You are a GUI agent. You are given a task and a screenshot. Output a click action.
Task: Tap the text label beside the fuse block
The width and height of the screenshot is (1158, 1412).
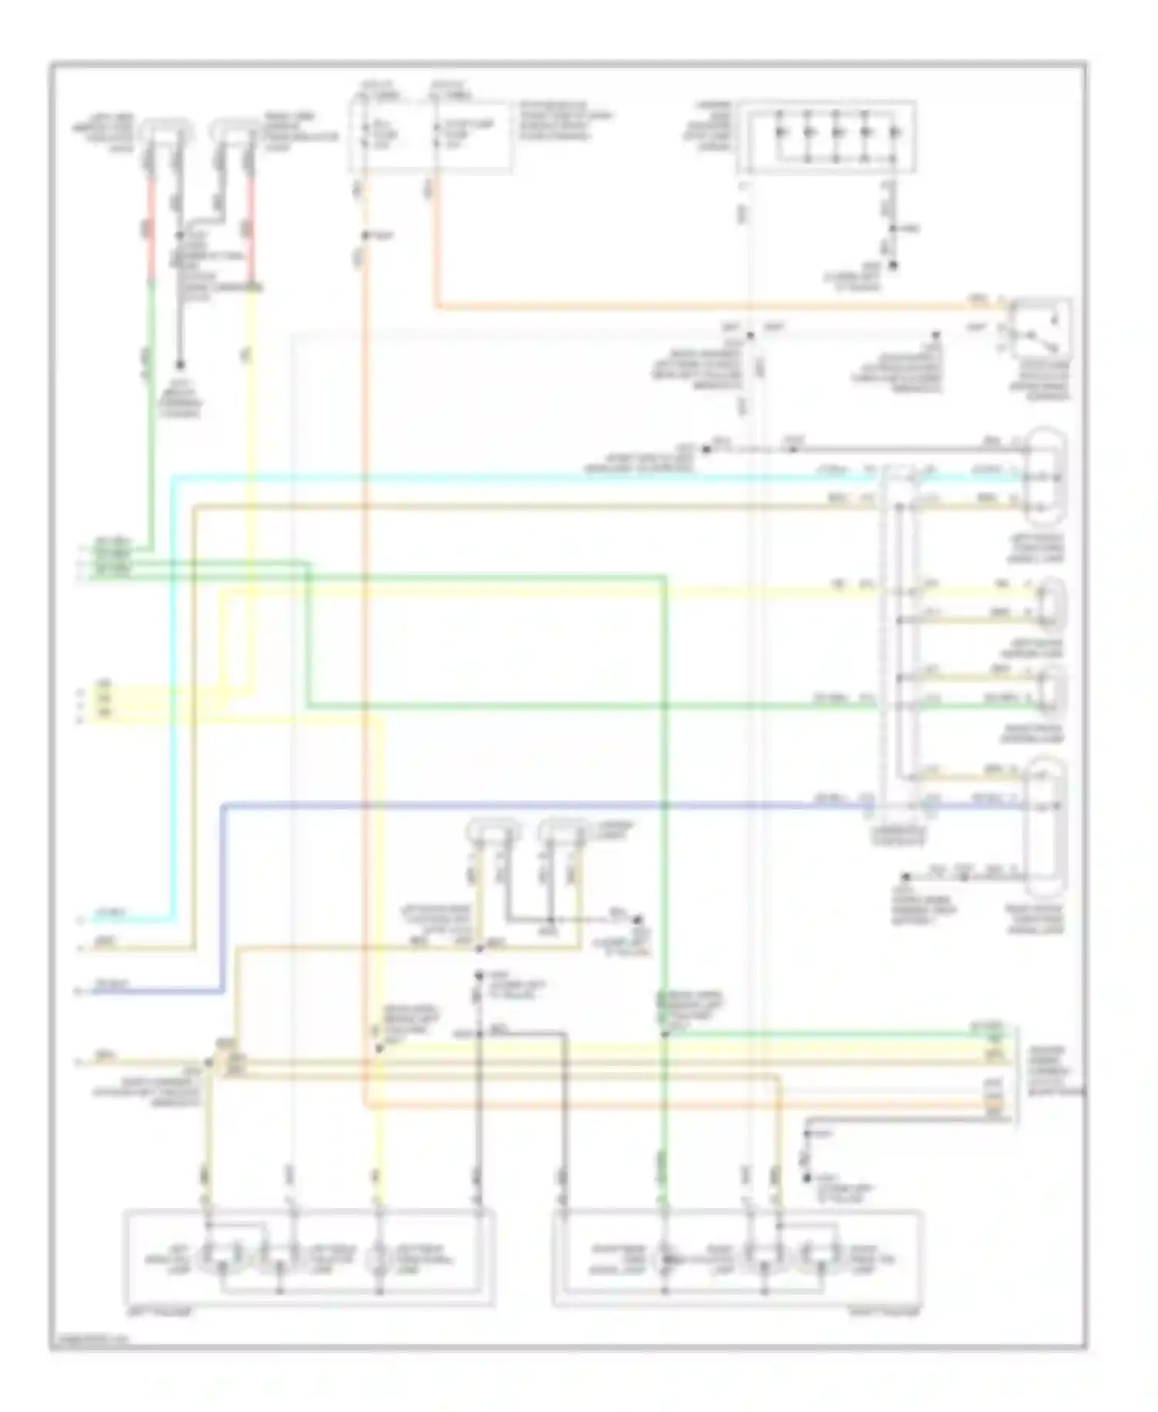coord(559,120)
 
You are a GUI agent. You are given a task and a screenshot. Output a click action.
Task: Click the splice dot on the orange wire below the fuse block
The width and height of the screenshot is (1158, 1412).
coord(366,234)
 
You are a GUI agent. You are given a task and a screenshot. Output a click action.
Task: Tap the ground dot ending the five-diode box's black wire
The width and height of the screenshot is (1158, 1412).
coord(894,266)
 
